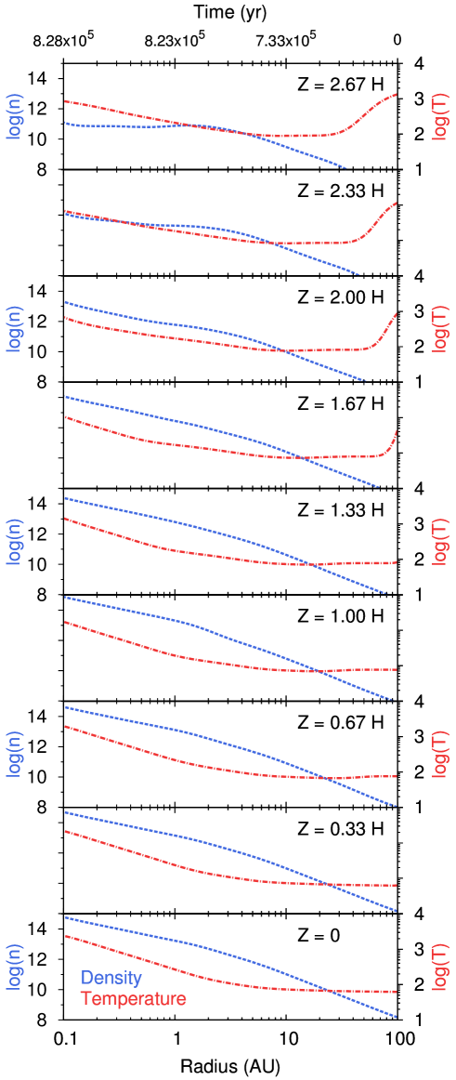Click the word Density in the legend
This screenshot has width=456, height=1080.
coord(111,978)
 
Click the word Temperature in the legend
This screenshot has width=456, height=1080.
coord(133,999)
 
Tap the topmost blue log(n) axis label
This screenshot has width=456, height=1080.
coord(15,116)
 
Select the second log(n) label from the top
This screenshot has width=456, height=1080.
coord(15,328)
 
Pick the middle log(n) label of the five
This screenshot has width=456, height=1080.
coord(15,542)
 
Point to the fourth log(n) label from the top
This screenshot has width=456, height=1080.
coord(15,754)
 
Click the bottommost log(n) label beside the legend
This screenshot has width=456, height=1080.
coord(15,967)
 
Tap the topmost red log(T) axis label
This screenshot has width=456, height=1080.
coord(439,116)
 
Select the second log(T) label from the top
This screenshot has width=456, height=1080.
coord(439,328)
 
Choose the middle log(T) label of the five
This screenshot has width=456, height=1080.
coord(439,542)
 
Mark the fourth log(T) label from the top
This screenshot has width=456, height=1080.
coord(439,754)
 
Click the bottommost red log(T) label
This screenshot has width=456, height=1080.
coord(439,967)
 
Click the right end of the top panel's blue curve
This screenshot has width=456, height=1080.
coord(346,168)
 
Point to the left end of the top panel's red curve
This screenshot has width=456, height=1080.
coord(65,100)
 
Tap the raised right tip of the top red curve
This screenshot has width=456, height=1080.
coord(397,94)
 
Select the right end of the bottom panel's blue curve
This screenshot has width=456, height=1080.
coord(397,1017)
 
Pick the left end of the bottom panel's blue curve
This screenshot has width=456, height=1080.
coord(65,917)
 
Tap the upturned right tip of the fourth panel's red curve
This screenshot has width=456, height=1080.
coord(397,430)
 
